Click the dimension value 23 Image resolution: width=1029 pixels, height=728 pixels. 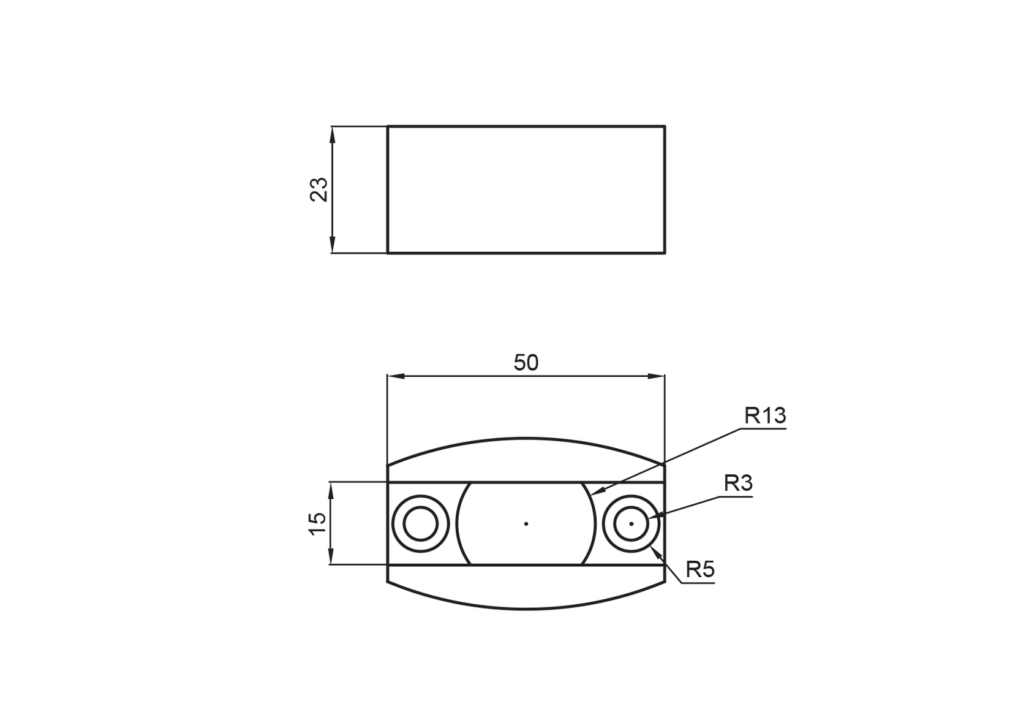coord(319,190)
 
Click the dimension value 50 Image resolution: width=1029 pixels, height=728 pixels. coord(526,363)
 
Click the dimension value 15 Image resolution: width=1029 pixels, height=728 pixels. coord(318,523)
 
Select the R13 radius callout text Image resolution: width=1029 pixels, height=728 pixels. coord(765,416)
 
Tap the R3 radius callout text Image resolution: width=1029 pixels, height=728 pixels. coord(737,483)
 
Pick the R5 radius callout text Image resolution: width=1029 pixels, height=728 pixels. coord(699,570)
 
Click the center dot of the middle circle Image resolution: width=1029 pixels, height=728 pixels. coord(526,523)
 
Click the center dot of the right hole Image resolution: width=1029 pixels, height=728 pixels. coord(631,523)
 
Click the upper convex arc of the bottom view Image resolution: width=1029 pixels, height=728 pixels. coord(526,438)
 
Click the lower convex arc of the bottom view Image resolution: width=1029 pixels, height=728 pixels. coord(526,609)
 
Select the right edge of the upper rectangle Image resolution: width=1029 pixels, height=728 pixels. coord(665,190)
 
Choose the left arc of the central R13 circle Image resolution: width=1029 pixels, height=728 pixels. coord(457,523)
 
